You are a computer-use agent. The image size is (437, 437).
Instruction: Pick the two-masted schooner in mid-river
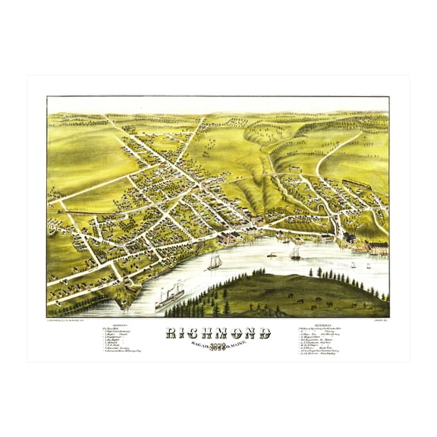point(215,262)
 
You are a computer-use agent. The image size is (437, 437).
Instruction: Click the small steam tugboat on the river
point(272,255)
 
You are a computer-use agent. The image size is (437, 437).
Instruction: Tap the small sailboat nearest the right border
point(369,265)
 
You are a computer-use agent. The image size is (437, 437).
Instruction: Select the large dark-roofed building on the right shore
point(357,244)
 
